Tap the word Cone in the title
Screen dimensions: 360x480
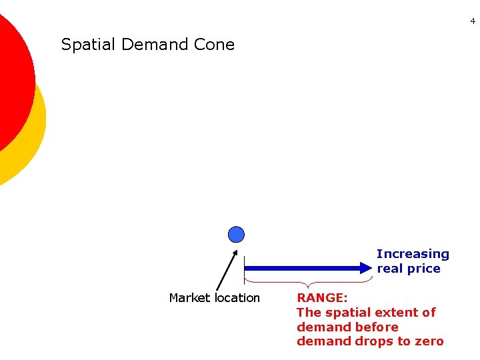click(214, 45)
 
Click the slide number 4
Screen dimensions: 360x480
click(473, 21)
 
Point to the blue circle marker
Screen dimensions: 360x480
click(237, 235)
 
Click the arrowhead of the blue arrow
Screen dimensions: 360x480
click(365, 268)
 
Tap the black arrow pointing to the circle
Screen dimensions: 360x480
click(227, 271)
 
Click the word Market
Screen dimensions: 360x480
click(189, 298)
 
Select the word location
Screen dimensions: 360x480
click(237, 298)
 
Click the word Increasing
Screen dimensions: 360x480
click(413, 254)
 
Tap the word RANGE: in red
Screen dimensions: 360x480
click(321, 298)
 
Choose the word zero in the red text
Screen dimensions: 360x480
click(428, 341)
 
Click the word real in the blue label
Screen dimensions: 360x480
click(389, 269)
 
